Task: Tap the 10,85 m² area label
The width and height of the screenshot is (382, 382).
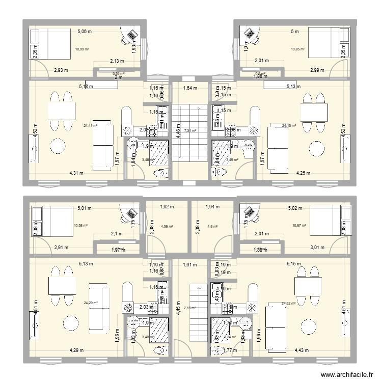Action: coord(297,49)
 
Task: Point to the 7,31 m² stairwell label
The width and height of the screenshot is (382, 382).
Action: coord(189,131)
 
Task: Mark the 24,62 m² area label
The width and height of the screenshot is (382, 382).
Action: coord(288,303)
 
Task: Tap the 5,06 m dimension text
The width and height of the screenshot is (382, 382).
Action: coord(85,31)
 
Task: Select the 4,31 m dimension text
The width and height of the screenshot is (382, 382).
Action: coord(77,173)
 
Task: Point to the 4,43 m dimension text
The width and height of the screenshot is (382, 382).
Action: coord(303,349)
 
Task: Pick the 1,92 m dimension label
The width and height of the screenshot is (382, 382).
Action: coord(167,207)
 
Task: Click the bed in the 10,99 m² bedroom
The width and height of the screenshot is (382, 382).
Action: coord(51,43)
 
